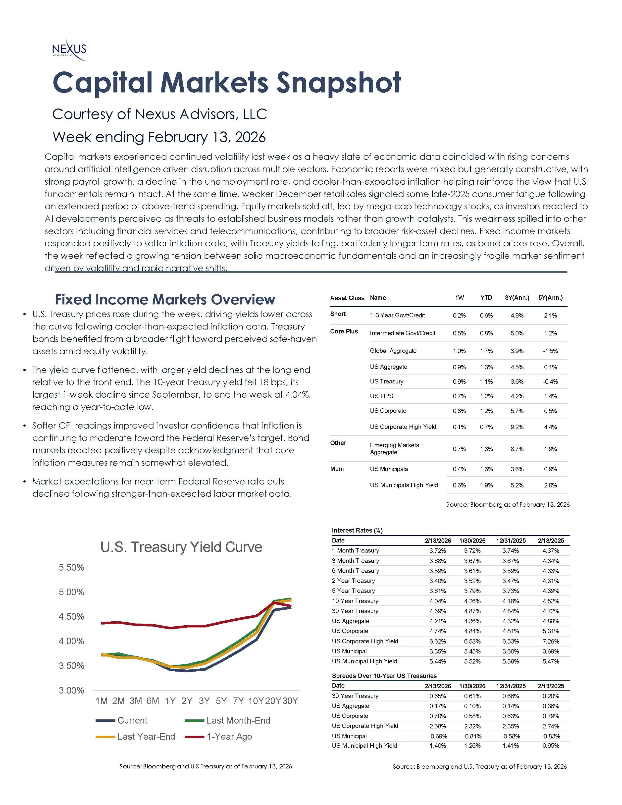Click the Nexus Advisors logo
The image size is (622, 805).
coord(69,50)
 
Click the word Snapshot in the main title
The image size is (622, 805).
coord(339,83)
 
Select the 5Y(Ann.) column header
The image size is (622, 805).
coord(551,298)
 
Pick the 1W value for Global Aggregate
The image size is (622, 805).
coord(459,351)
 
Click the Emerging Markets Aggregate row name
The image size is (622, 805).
coord(394,449)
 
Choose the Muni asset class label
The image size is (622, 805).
coord(337,469)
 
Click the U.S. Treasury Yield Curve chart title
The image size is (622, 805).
coord(181,547)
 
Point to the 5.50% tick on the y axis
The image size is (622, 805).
coord(71,567)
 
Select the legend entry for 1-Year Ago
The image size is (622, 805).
coord(229,736)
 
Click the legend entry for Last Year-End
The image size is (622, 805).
coord(146,736)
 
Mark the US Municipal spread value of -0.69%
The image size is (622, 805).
coord(438,736)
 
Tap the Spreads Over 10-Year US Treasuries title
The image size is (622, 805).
coord(384,676)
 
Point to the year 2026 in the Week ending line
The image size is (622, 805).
coord(250,137)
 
